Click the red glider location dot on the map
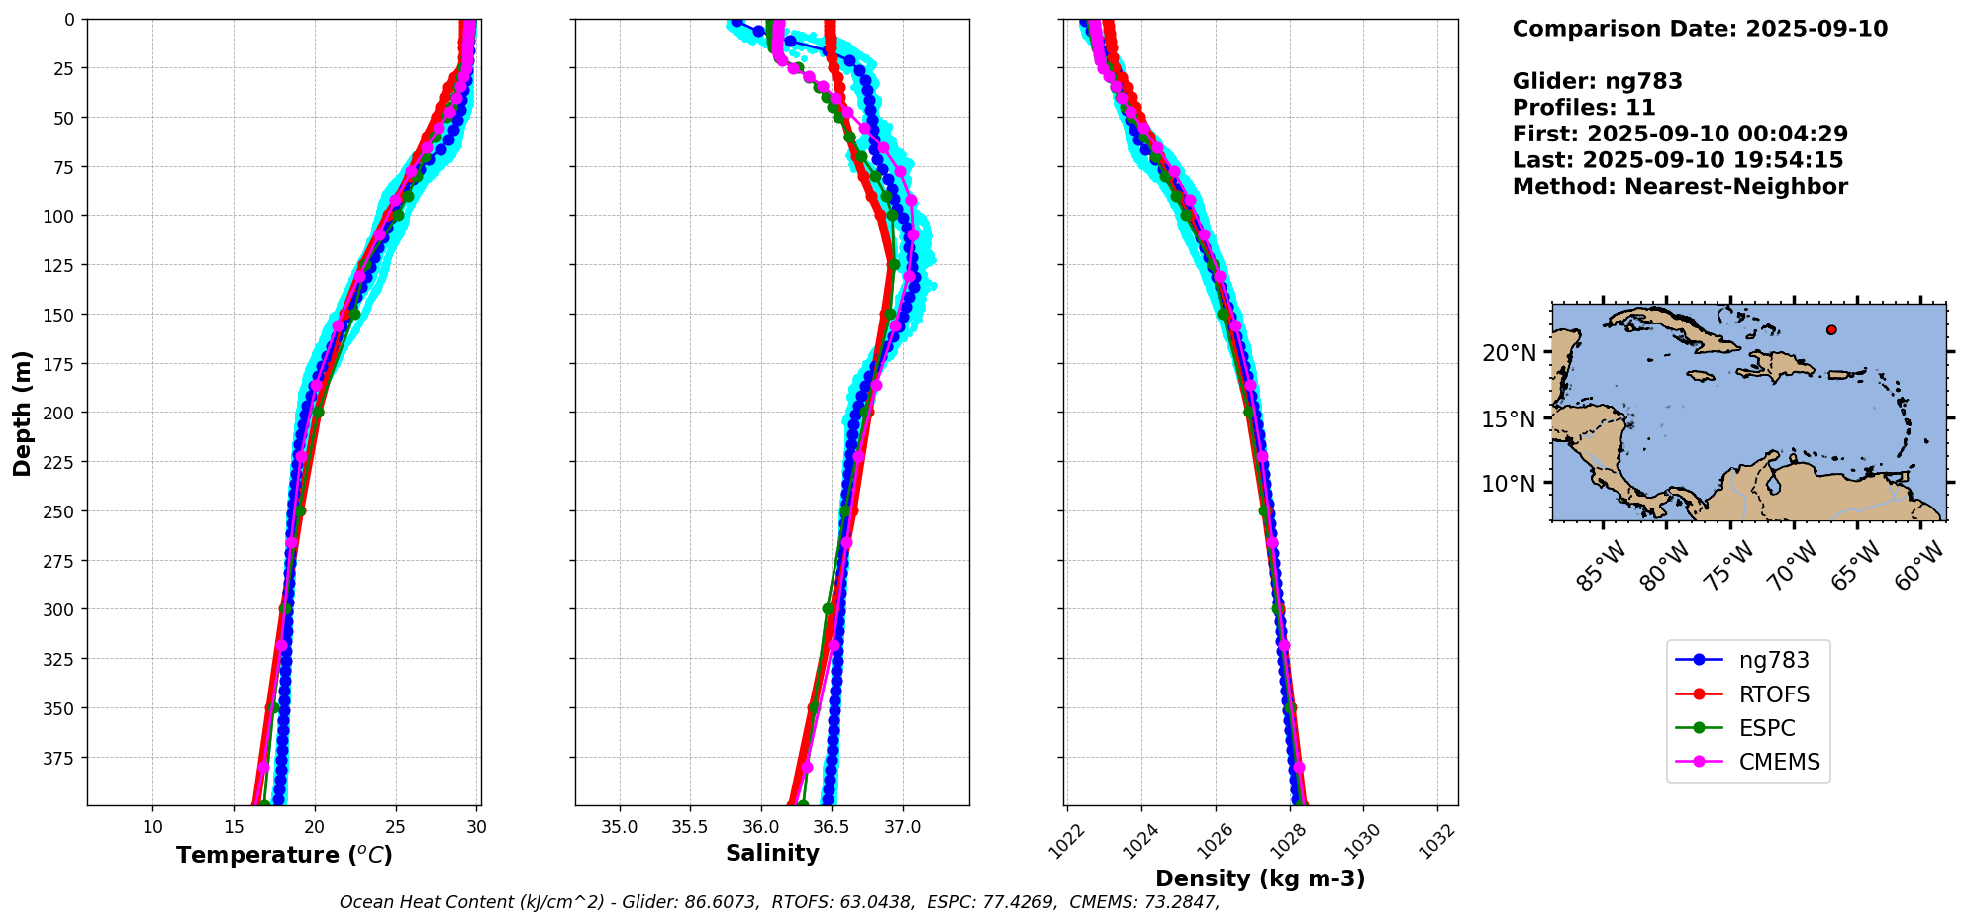coord(1831,330)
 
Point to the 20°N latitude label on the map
coord(1509,353)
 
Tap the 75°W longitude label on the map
coord(1728,567)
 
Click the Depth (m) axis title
coord(22,413)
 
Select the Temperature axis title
coord(284,855)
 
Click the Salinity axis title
coord(772,854)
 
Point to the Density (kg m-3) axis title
coord(1260,878)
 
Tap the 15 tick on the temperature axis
coord(234,827)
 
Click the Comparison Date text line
coord(1700,29)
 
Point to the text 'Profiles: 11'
coord(1584,108)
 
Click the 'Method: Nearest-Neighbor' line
coord(1680,187)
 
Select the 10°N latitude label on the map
coord(1509,484)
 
